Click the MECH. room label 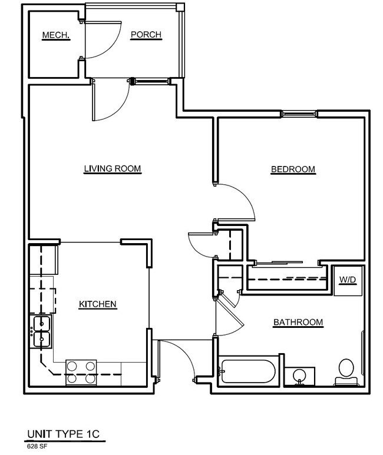(x=56, y=36)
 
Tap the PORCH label (x=146, y=35)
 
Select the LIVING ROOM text (x=112, y=170)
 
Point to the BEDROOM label (x=293, y=170)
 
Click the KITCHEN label (x=98, y=304)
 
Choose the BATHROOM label (x=298, y=323)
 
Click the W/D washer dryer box (x=346, y=281)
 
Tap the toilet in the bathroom (x=345, y=371)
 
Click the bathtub (x=246, y=371)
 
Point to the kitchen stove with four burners (x=81, y=372)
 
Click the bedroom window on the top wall (x=299, y=113)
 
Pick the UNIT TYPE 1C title (x=63, y=435)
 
